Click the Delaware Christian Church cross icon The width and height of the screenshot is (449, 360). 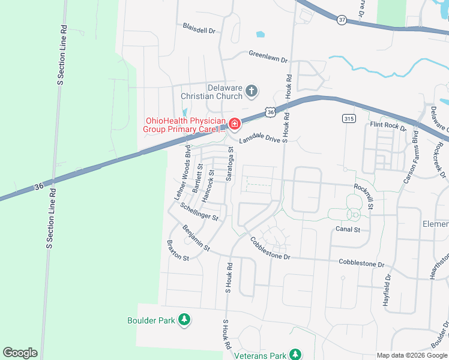tap(252, 92)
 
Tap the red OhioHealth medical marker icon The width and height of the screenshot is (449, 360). tap(234, 124)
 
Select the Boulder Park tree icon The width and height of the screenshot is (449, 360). tap(185, 320)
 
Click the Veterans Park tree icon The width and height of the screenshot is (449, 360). tap(295, 355)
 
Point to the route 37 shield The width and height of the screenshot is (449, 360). tap(342, 20)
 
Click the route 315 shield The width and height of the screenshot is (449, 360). tap(348, 119)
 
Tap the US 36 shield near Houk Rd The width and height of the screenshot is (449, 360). tap(271, 112)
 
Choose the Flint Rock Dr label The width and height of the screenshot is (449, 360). tap(388, 126)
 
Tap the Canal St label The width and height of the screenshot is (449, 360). tap(348, 229)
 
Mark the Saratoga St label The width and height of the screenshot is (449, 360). tap(229, 167)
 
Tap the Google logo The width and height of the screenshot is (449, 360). tap(20, 353)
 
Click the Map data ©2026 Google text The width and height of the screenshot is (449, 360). tap(411, 355)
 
